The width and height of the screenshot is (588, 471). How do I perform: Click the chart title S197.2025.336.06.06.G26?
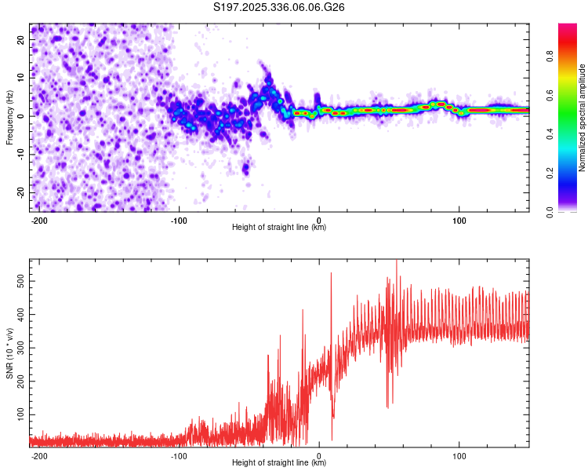280,7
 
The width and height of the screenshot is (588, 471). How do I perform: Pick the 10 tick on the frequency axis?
21,78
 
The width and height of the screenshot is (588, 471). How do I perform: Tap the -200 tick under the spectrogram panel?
38,220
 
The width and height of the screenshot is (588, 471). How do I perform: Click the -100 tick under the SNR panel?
178,455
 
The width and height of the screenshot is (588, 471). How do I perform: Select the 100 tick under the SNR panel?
459,455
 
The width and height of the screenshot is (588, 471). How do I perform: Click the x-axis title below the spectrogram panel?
279,228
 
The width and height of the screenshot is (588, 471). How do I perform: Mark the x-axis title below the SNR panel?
279,463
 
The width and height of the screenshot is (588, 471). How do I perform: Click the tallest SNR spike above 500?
397,262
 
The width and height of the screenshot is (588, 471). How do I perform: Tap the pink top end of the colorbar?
568,27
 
